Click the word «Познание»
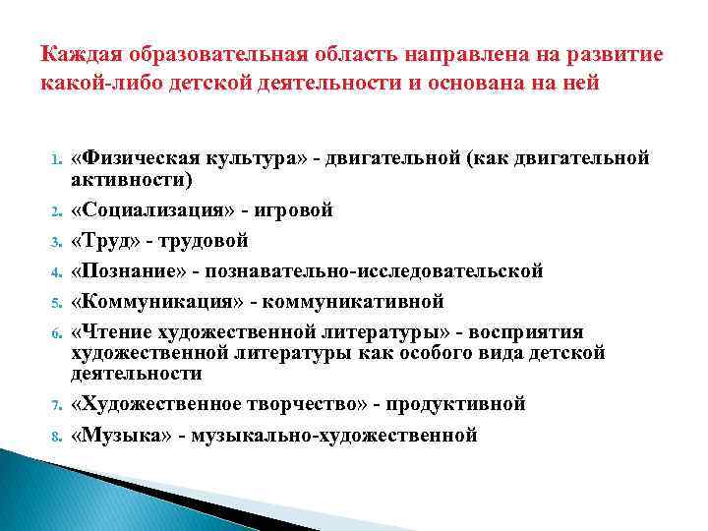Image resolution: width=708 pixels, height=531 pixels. pos(126,270)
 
